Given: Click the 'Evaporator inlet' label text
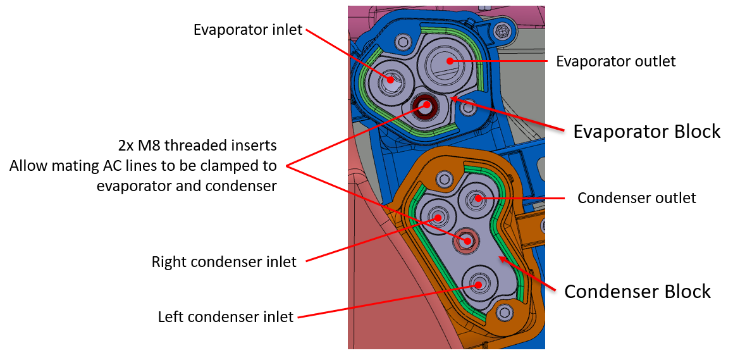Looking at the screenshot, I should point(248,30).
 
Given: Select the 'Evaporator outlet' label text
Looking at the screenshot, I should point(615,61).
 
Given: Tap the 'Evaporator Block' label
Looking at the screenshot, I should point(646,132).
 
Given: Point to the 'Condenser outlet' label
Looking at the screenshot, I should point(636,198).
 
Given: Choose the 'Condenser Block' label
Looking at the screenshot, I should point(638,292).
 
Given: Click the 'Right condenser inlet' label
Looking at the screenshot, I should point(224,261).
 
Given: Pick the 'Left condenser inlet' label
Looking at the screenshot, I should point(226,316).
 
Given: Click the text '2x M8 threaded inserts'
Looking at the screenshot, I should point(197,145).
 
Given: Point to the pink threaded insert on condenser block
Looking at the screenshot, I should point(467,240).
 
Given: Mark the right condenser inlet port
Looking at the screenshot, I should point(437,218).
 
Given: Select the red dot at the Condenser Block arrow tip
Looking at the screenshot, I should point(501,258).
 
